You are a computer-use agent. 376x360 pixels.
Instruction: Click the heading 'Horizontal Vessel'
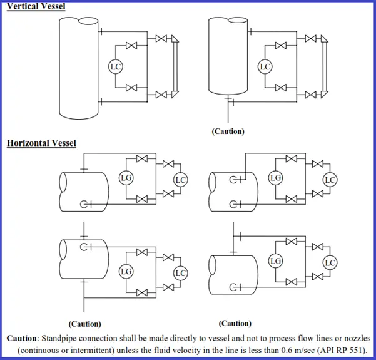41,143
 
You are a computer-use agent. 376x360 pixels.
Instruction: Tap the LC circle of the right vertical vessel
265,66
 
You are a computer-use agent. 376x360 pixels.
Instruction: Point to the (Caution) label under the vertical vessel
228,131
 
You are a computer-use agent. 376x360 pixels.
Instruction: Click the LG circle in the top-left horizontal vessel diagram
126,178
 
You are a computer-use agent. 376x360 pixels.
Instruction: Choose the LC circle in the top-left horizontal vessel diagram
180,180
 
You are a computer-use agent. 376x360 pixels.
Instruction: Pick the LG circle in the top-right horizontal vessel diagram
275,178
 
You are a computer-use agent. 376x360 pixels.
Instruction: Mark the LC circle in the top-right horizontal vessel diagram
330,180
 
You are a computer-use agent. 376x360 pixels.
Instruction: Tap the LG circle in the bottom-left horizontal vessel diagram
126,271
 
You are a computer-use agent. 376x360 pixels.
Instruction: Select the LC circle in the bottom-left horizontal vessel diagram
180,273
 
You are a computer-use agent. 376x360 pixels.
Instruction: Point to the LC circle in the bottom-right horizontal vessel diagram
330,262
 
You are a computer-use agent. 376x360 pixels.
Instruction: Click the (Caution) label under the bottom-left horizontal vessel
84,324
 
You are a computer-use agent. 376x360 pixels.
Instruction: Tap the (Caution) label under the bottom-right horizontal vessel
235,323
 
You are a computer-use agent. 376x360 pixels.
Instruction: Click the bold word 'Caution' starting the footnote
22,338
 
